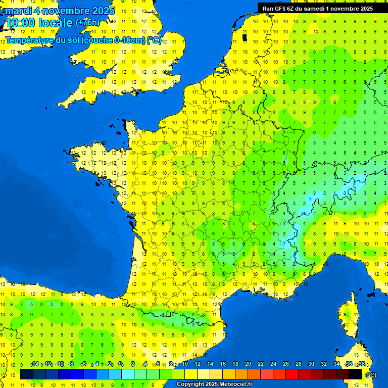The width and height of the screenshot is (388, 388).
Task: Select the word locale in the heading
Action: (55, 23)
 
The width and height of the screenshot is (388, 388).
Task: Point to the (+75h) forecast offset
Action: (87, 23)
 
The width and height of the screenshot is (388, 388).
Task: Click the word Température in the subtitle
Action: (30, 40)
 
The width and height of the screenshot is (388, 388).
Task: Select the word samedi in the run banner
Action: (317, 9)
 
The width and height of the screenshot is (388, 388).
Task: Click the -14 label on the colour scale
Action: (34, 364)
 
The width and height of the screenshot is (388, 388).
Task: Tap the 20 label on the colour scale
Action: (248, 364)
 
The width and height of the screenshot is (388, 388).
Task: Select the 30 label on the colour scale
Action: (311, 364)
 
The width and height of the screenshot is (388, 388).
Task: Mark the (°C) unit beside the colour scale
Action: (370, 375)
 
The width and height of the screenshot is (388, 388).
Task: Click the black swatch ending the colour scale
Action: (355, 374)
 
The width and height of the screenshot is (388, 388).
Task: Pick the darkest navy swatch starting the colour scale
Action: (27, 374)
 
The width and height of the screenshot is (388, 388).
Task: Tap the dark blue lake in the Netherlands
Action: (245, 37)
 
